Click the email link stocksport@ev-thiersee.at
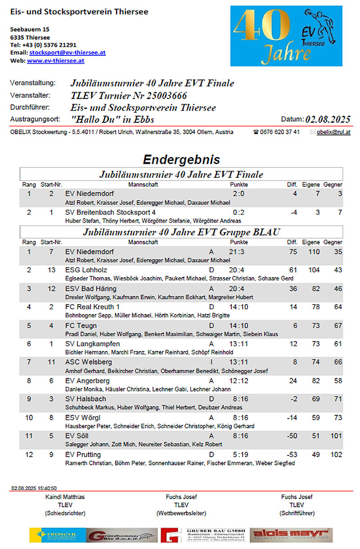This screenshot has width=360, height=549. click(67, 53)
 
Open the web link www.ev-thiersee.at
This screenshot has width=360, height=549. click(55, 60)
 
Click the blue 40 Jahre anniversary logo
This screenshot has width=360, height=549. click(286, 36)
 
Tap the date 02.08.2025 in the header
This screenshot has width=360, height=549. click(328, 119)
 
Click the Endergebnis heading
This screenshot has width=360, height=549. click(181, 159)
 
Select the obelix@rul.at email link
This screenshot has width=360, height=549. click(333, 132)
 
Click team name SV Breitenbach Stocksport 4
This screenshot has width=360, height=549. click(110, 212)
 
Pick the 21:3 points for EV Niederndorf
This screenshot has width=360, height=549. click(238, 252)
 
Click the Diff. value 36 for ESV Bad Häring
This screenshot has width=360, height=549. click(293, 288)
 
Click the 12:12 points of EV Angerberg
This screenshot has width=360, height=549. click(238, 381)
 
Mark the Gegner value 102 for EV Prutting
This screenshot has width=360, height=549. click(336, 454)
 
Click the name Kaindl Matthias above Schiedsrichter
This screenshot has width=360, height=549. click(65, 497)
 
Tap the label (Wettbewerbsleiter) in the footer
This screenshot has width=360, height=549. click(181, 513)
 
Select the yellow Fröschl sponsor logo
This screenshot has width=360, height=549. click(58, 535)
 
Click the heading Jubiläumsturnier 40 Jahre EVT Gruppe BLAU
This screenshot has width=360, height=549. click(181, 232)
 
